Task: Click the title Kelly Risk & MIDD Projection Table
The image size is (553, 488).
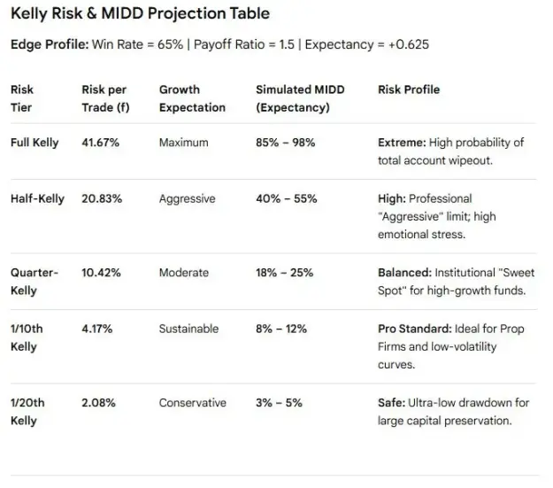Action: (140, 14)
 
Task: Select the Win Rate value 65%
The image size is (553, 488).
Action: (171, 44)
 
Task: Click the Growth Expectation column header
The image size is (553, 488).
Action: (192, 98)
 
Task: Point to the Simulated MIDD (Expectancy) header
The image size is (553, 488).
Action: (300, 98)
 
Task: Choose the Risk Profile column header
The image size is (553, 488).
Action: (409, 89)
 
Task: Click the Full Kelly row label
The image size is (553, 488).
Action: (35, 143)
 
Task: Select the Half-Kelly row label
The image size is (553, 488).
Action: (37, 198)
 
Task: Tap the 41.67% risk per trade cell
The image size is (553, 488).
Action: (101, 143)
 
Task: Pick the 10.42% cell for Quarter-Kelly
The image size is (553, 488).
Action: (101, 273)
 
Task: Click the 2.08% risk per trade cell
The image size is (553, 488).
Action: (98, 403)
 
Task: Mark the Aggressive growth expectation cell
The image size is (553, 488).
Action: (187, 199)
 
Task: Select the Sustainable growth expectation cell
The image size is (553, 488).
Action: (188, 329)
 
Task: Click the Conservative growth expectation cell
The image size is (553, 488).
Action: (193, 403)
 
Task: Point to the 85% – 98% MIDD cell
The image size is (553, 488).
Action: (286, 143)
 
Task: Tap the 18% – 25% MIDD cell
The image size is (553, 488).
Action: (285, 273)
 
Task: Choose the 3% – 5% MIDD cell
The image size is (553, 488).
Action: (279, 403)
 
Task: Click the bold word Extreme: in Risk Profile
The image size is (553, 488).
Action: (402, 143)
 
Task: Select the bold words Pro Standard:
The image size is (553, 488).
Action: (415, 329)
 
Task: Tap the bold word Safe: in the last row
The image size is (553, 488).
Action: (392, 403)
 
